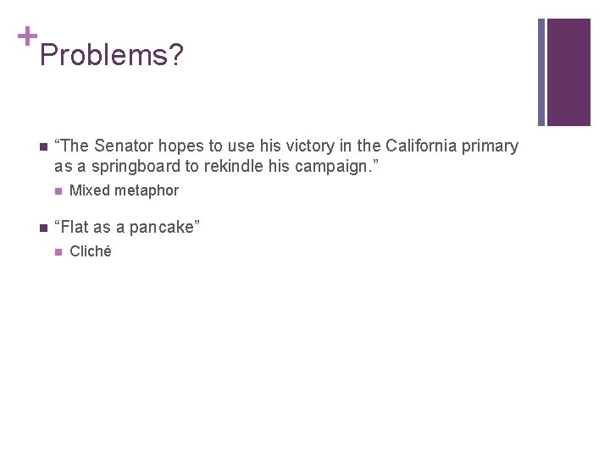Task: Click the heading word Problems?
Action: click(111, 56)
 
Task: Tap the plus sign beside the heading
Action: click(27, 36)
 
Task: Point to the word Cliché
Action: click(90, 251)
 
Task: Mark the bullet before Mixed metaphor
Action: click(57, 191)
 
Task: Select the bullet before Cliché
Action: click(57, 252)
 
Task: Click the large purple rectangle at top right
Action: click(568, 72)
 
